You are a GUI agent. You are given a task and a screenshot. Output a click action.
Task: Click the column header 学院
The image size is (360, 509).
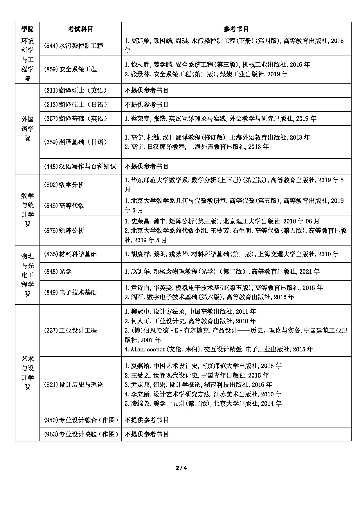point(27,29)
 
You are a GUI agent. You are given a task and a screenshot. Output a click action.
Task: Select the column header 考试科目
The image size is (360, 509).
point(80,29)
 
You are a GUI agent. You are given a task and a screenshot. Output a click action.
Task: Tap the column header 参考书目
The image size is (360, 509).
point(236,29)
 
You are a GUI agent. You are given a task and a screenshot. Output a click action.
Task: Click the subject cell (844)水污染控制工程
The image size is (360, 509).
point(73,46)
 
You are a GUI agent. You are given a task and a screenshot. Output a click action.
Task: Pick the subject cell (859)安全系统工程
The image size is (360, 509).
point(70,69)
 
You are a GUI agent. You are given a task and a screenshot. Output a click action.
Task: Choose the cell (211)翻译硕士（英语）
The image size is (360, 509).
point(75,90)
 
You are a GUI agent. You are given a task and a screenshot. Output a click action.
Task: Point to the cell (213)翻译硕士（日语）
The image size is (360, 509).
point(75,104)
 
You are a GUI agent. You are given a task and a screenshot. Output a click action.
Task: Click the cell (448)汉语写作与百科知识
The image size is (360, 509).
point(80,166)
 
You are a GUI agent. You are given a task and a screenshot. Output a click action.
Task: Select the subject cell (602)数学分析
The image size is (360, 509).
point(64,185)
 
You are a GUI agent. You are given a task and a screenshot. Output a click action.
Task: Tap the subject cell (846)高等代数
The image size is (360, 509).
point(64,205)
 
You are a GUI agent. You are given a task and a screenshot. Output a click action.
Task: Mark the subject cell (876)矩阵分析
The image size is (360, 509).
point(64,231)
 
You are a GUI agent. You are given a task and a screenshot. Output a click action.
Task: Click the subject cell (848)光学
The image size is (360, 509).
point(57,271)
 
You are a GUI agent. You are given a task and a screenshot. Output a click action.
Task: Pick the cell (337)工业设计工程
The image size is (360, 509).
point(70,330)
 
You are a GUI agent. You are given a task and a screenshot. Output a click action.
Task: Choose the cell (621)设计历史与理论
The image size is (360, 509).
point(73,385)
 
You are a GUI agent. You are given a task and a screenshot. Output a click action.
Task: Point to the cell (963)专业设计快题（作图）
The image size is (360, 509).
point(81,434)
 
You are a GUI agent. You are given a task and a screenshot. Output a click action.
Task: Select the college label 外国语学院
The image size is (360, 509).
point(27,129)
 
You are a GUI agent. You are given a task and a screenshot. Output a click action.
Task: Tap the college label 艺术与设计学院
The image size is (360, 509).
point(27,373)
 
